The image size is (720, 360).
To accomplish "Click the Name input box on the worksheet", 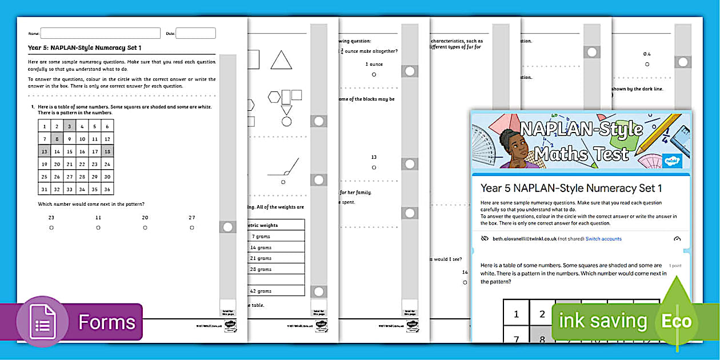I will [100, 33].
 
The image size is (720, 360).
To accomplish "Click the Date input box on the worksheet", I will [195, 33].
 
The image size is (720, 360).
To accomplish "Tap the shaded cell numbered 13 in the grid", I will [44, 151].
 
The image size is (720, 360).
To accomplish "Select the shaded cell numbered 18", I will [107, 151].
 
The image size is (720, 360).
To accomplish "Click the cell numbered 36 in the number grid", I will [107, 189].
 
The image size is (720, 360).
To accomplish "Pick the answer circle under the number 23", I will [51, 227].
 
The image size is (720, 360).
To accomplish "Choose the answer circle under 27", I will [192, 227].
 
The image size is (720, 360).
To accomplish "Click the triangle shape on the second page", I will [281, 61].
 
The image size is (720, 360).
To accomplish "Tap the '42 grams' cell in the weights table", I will [261, 291].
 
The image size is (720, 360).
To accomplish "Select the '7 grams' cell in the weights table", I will [261, 236].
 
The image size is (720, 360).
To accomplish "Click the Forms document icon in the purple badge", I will [43, 322].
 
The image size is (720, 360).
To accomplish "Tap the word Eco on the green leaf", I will [677, 321].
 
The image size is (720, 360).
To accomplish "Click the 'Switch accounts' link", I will [603, 239].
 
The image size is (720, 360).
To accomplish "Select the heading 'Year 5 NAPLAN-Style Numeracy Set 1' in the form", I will [571, 188].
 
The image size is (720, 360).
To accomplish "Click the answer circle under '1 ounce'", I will [374, 74].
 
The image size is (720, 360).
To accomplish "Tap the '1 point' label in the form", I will [675, 266].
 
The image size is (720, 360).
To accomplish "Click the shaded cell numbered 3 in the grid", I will [69, 126].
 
